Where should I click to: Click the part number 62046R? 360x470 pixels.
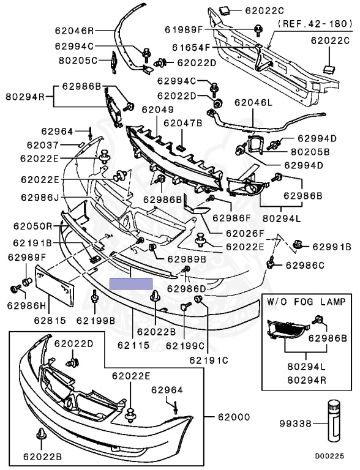(x=74, y=30)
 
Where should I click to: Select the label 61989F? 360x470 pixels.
(x=184, y=29)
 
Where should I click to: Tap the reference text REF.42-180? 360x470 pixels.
(x=315, y=23)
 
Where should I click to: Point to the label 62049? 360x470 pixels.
(x=157, y=110)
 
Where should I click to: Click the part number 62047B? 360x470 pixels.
(x=182, y=122)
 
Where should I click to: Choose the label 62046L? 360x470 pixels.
(x=253, y=103)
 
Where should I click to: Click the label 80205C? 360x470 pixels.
(x=78, y=60)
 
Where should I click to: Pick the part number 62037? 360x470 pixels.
(x=43, y=145)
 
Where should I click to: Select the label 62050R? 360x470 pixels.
(x=32, y=226)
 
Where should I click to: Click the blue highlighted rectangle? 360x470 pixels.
(x=131, y=283)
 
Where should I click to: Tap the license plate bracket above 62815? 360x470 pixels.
(x=54, y=286)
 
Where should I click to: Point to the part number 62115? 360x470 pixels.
(x=133, y=345)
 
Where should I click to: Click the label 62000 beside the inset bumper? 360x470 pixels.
(x=234, y=417)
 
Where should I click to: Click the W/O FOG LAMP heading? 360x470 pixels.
(x=306, y=301)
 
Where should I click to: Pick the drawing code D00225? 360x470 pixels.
(x=329, y=457)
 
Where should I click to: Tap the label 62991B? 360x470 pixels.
(x=331, y=247)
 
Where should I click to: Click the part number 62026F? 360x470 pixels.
(x=245, y=233)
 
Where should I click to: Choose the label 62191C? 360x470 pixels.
(x=209, y=360)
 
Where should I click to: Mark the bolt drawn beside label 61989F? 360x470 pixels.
(x=258, y=30)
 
